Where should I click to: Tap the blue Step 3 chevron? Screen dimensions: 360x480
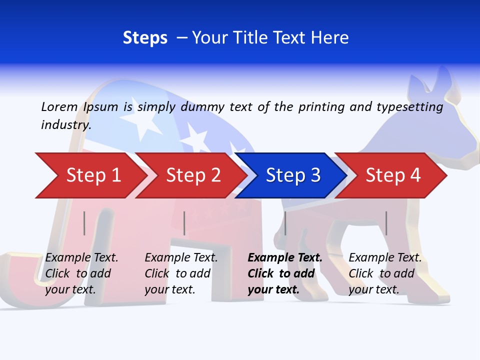290,175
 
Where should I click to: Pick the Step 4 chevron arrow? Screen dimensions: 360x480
390,175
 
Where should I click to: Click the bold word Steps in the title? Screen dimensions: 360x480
145,38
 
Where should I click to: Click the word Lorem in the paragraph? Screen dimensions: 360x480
59,106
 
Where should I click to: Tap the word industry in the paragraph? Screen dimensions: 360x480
66,124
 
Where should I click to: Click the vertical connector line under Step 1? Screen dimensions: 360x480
84,223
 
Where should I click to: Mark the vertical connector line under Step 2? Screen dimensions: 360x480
184,223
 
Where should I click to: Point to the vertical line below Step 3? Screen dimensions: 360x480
285,223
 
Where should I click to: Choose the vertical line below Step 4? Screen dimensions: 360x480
386,223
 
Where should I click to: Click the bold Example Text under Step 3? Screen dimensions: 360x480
285,258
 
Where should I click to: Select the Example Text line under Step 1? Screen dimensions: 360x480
81,258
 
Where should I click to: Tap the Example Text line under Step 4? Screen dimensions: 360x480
385,258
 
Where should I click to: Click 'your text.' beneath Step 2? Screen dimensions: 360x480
169,289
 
